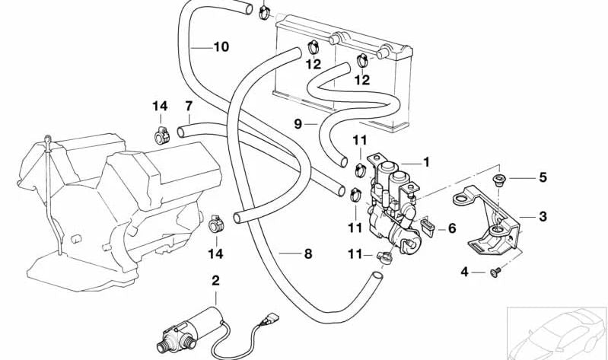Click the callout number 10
pos(221,47)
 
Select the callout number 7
pos(188,106)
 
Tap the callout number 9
pos(298,123)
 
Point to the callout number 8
pos(308,254)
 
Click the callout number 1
pos(427,161)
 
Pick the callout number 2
pos(215,281)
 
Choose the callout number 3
pos(543,217)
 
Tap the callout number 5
pos(543,178)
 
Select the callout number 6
pos(452,228)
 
